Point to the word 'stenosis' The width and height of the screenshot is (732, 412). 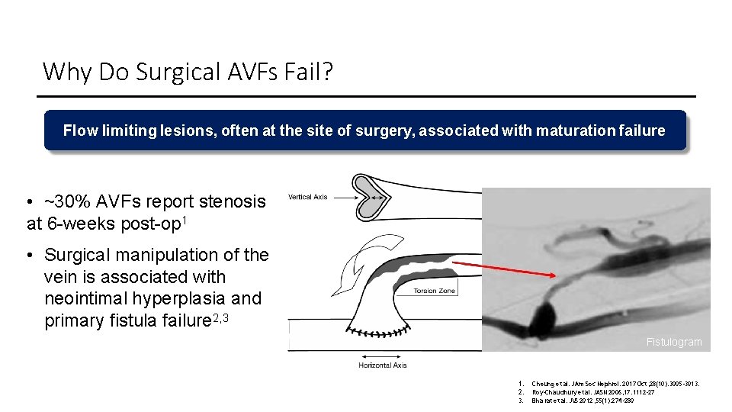[x=233, y=201]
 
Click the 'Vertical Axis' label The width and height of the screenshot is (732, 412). [x=308, y=198]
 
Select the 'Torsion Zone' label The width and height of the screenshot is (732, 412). [x=435, y=291]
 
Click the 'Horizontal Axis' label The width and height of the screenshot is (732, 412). [x=383, y=365]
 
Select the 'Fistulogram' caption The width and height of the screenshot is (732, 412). [x=673, y=342]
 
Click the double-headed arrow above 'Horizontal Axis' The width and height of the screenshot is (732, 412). [x=383, y=356]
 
